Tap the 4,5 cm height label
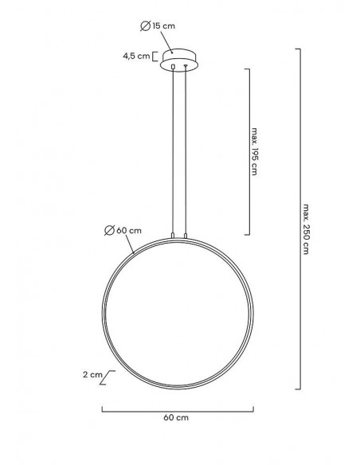(136, 57)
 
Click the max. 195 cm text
(254, 152)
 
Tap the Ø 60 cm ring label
(123, 231)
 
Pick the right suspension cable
(186, 151)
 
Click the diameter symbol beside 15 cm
(144, 26)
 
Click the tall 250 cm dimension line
(298, 219)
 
